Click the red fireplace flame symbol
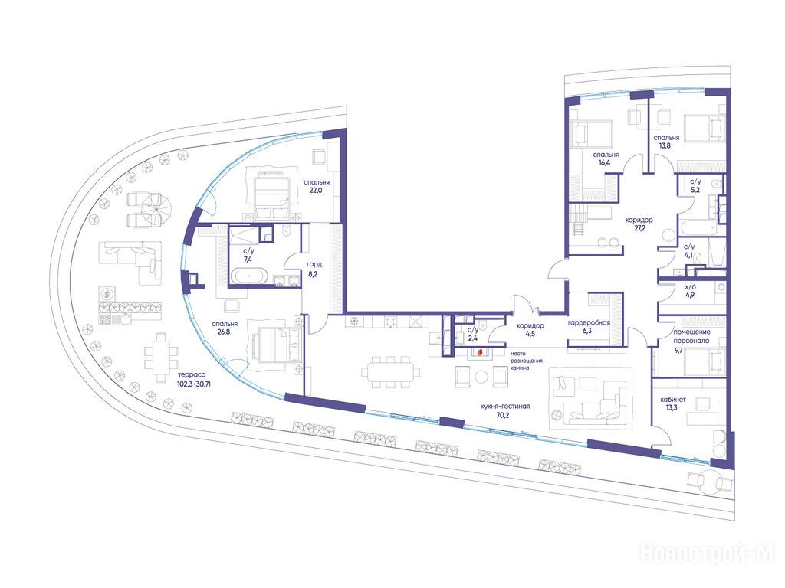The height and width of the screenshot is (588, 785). click(x=481, y=352)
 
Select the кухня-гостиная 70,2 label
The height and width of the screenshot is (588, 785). click(x=505, y=410)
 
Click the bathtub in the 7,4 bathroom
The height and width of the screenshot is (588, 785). click(x=249, y=276)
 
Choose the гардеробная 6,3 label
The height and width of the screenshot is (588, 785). click(x=589, y=327)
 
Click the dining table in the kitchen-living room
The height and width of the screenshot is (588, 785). click(x=390, y=372)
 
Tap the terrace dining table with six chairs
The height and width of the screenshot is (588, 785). click(x=161, y=357)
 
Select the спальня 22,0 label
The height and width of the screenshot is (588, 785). click(x=317, y=187)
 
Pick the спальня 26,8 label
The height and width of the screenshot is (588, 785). click(x=225, y=328)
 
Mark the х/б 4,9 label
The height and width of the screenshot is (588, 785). click(x=690, y=291)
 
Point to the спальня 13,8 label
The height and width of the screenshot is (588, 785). click(x=666, y=142)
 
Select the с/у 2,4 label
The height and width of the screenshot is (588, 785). click(x=473, y=334)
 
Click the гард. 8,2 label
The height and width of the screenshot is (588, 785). click(x=314, y=269)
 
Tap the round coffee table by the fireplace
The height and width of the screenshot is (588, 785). click(x=481, y=377)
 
